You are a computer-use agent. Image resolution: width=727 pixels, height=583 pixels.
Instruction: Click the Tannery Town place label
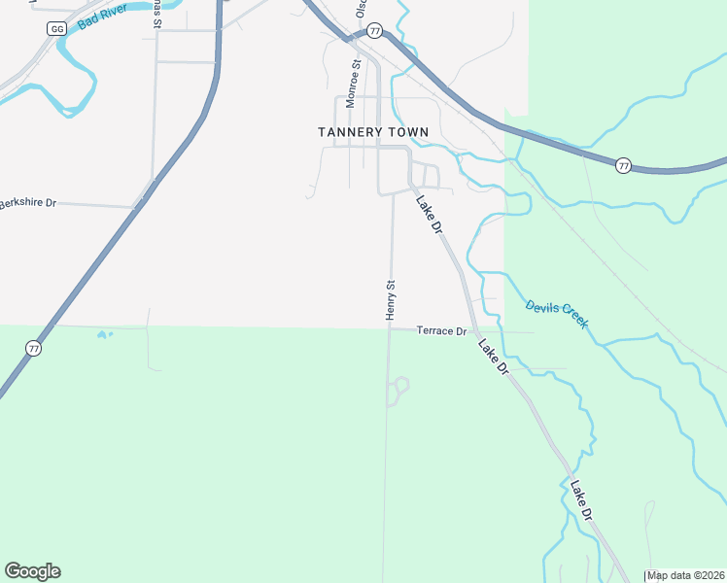365,131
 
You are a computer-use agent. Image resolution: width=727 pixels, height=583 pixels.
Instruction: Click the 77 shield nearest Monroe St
375,31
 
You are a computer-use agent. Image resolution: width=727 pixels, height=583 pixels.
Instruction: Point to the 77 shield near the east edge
624,166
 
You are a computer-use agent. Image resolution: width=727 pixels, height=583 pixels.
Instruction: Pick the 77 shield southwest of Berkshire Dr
34,348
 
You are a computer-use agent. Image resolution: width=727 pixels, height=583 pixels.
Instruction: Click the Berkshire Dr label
29,203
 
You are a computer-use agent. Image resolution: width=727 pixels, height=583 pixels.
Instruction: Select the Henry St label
391,300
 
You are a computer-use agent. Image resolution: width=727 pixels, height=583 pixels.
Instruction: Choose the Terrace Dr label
442,331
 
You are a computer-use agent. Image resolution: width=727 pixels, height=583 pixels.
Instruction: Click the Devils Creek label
557,313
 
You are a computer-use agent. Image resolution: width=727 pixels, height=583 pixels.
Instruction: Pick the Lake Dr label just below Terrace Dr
493,356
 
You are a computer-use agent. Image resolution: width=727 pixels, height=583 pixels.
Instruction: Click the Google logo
32,571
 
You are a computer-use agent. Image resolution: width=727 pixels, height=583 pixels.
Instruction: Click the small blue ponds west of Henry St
104,335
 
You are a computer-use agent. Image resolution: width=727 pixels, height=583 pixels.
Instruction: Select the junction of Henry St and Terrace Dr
389,328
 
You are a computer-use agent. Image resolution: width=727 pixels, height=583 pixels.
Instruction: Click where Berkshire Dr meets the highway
137,206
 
